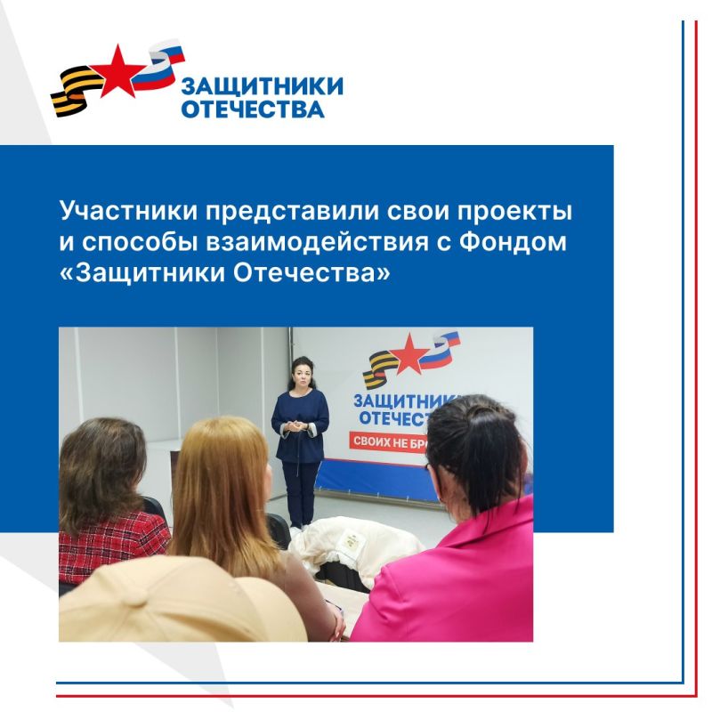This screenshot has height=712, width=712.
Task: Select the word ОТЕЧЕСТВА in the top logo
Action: (x=252, y=109)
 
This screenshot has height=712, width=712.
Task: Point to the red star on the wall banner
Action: (x=411, y=354)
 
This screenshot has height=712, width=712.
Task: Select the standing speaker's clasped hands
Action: (x=299, y=428)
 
